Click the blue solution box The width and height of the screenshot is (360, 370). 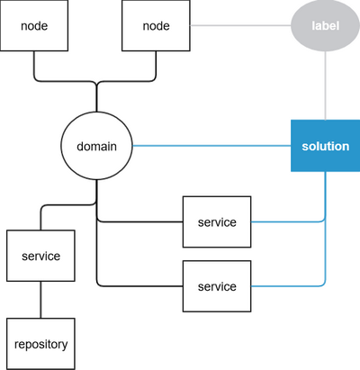tap(325, 145)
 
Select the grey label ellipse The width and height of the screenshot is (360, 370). tap(325, 25)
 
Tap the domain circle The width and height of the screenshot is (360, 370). tap(96, 145)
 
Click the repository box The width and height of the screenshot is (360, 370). tap(40, 343)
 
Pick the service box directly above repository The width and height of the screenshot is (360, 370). tap(40, 257)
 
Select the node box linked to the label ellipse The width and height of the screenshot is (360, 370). tap(156, 25)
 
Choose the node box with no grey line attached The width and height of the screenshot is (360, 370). tap(34, 25)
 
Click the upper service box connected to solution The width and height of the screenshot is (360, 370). tap(216, 221)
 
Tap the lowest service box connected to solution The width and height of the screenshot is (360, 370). tap(216, 286)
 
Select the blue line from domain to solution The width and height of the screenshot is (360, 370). tap(211, 145)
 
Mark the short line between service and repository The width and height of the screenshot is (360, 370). tap(40, 300)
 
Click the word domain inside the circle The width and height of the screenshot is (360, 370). tap(96, 145)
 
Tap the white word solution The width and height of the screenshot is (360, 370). tap(325, 145)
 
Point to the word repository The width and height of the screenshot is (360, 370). tap(40, 343)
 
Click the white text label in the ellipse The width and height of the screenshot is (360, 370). tap(325, 25)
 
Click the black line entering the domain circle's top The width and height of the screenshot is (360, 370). tap(96, 99)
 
